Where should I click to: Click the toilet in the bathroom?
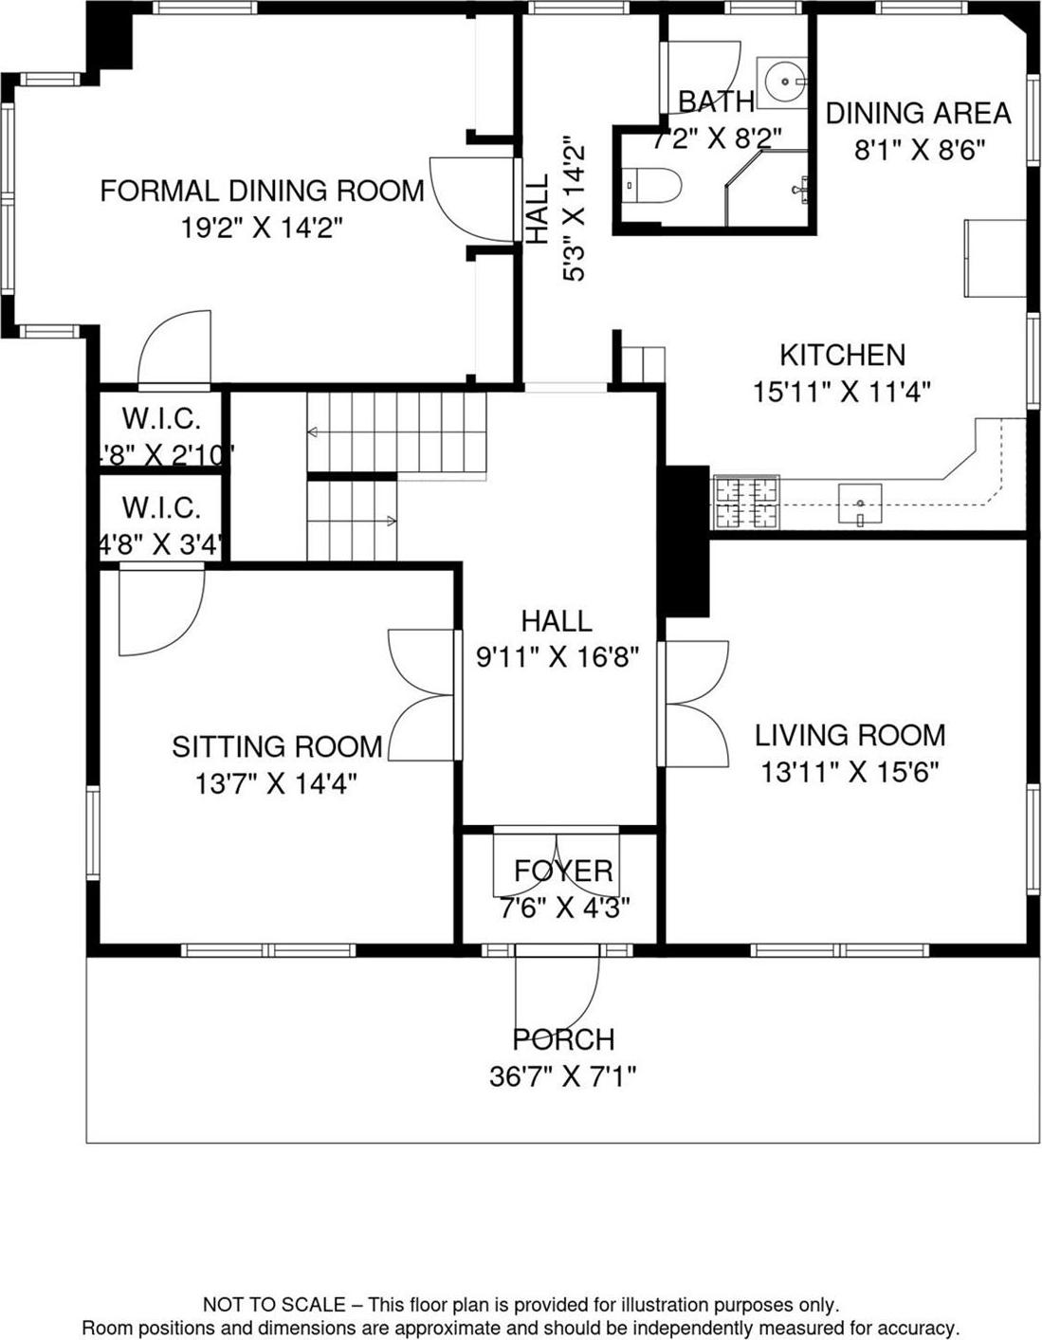[654, 185]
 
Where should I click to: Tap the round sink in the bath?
[782, 82]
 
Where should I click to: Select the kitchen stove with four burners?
[745, 502]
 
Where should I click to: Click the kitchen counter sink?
[860, 503]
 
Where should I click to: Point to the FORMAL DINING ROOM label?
[262, 191]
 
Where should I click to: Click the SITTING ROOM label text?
[277, 746]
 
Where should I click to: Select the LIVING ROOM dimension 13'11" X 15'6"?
[850, 773]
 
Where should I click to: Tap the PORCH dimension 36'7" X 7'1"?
[562, 1076]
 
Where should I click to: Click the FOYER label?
[563, 871]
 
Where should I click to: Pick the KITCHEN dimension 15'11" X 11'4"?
[842, 392]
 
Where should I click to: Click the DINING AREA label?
[918, 113]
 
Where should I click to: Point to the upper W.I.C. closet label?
[161, 418]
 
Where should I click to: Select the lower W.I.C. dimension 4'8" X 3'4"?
[161, 545]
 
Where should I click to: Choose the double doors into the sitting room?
[422, 696]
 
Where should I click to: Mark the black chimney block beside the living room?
[687, 541]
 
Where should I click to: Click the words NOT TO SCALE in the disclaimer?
[274, 1305]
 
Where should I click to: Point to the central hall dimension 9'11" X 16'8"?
[557, 657]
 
